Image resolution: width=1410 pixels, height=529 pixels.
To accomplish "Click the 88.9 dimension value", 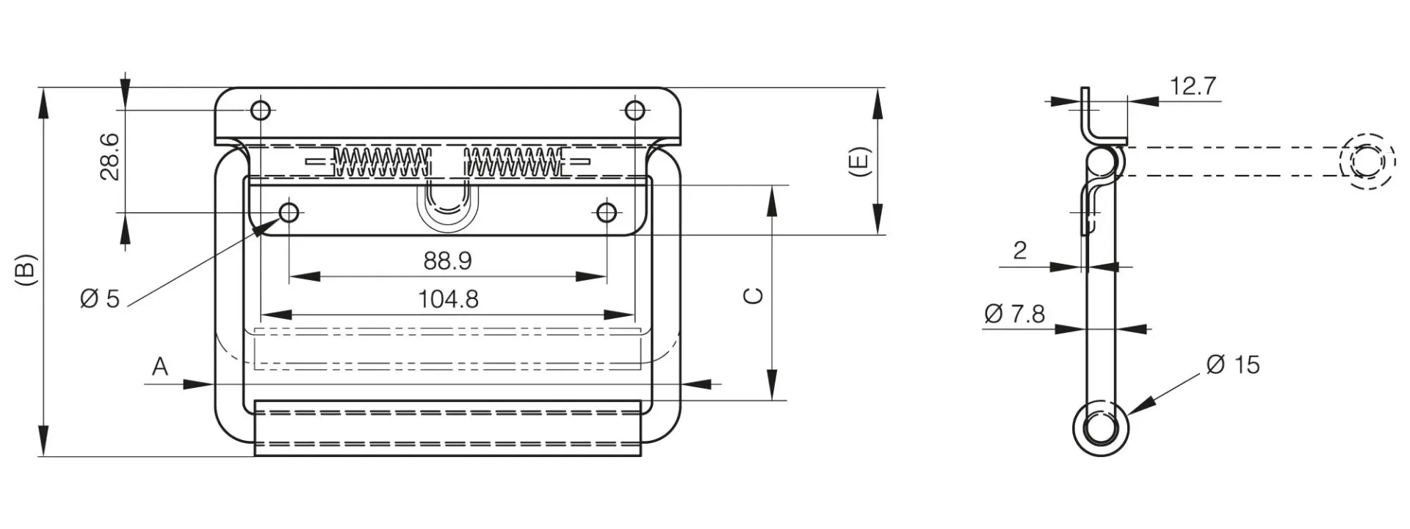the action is point(447,260).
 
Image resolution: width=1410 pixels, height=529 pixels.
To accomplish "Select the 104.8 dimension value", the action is point(448,299).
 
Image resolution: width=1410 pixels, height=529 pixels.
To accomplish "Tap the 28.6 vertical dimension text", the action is point(110,156).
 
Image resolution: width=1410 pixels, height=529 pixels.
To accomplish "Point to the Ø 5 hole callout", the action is point(99,299).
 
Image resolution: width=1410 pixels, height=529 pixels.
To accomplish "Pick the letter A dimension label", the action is point(160,366).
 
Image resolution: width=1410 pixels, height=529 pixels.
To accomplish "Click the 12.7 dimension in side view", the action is point(1193,87).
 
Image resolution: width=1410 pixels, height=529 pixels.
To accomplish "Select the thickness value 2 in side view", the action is point(1019,251).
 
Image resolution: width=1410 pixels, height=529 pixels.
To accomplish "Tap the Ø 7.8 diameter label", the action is point(1014,314).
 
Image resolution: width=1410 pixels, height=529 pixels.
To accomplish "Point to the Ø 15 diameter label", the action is point(1232,364).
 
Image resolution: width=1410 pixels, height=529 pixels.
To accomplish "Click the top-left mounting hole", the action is point(261,111).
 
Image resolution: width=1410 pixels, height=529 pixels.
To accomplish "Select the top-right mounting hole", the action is point(635,111).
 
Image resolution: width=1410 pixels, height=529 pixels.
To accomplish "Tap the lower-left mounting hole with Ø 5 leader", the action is point(289,213).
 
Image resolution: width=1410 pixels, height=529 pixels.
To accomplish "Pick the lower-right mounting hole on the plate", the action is point(606,213).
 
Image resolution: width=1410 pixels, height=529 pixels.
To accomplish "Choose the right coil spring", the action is point(514,162).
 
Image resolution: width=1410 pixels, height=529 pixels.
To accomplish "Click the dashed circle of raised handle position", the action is point(1367,162).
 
